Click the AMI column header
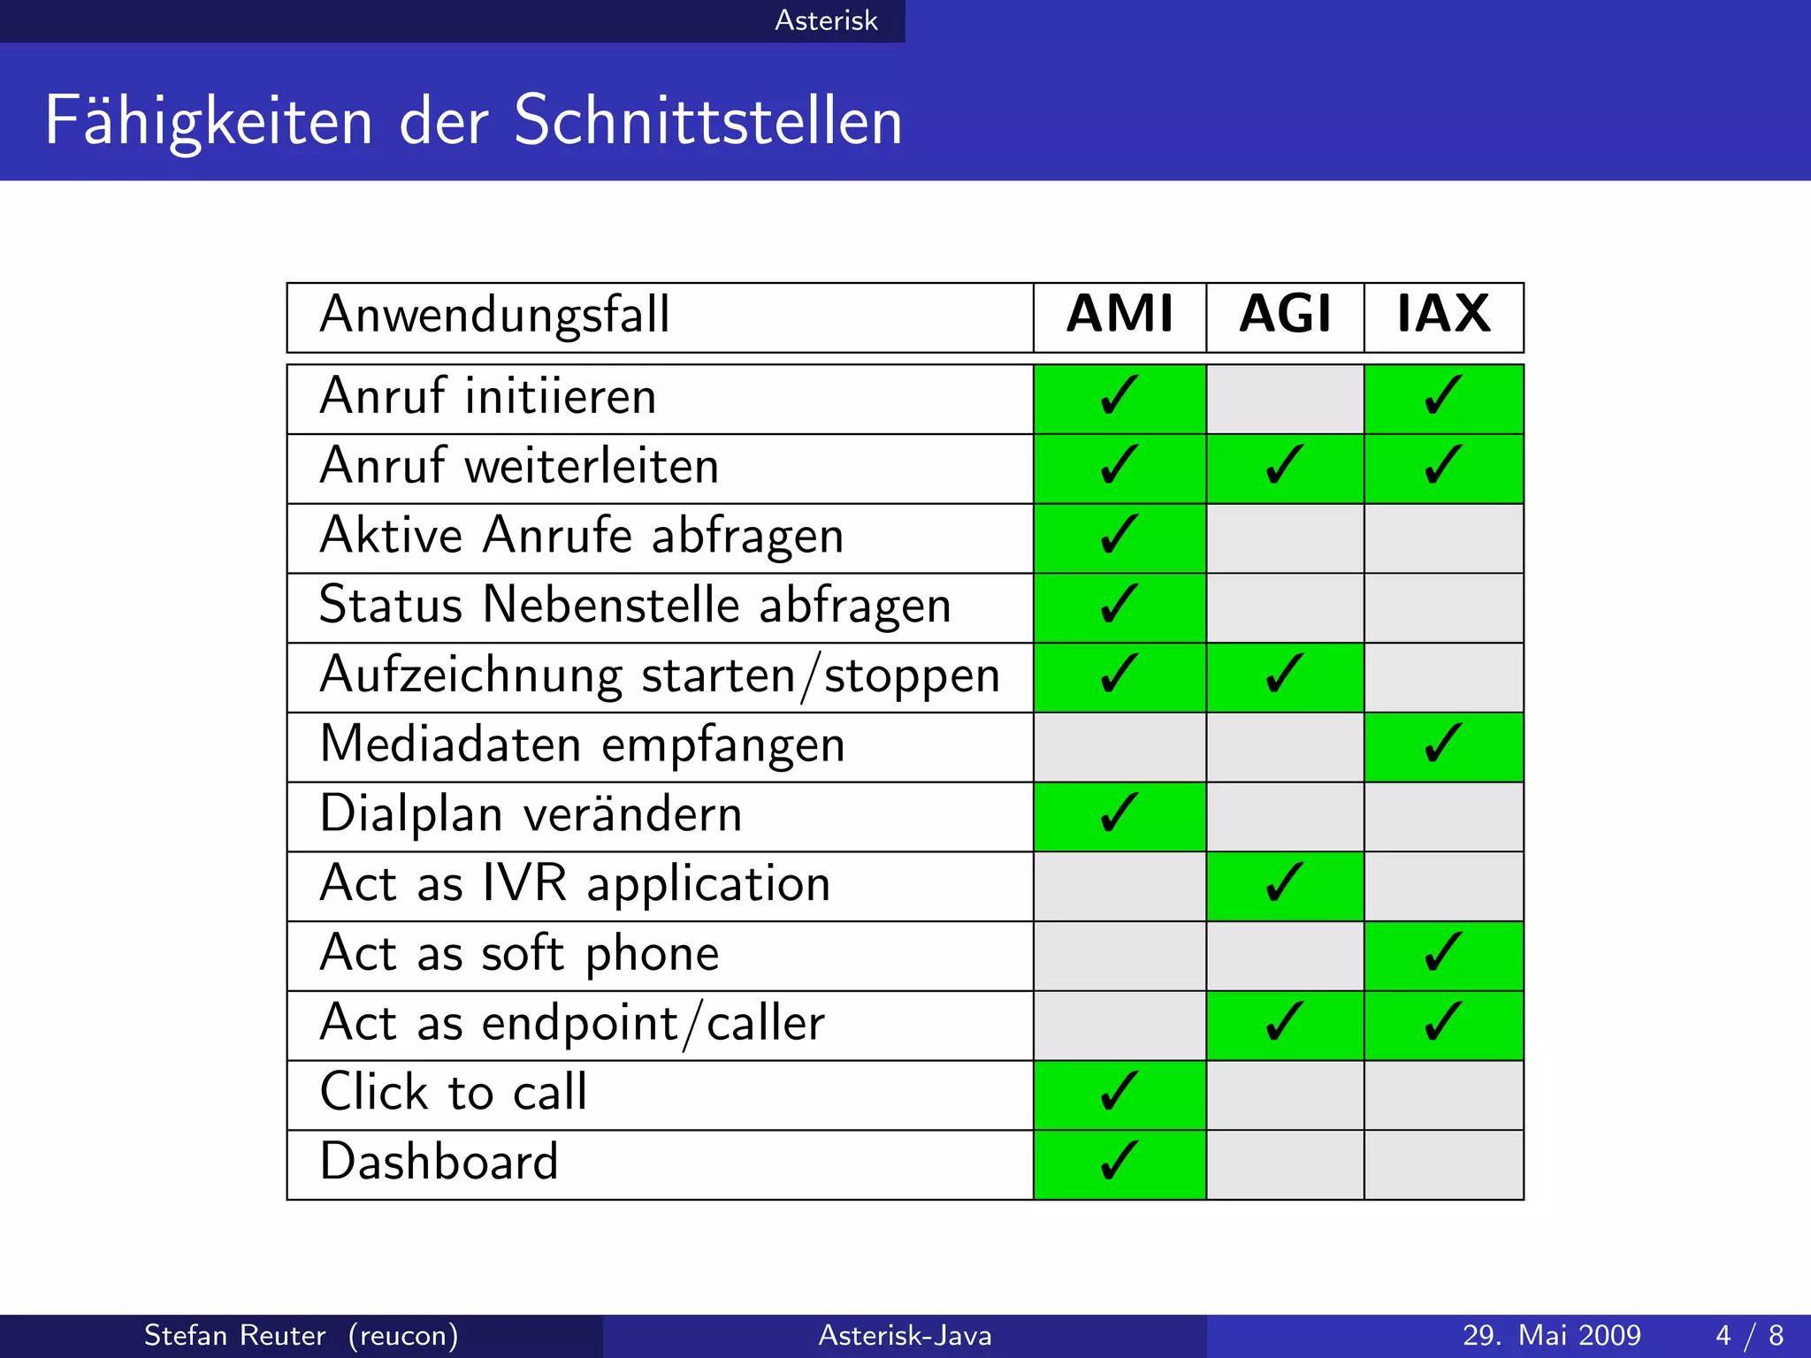[x=1119, y=315]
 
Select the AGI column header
[x=1285, y=315]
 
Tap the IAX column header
[x=1443, y=315]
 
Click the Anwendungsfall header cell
[x=495, y=315]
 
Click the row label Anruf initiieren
[x=488, y=397]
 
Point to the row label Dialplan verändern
[x=531, y=814]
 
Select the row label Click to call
[x=454, y=1093]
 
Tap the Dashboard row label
[x=439, y=1163]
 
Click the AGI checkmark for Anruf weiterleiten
[x=1285, y=466]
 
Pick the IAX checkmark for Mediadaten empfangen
[x=1443, y=744]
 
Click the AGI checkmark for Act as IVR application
[x=1285, y=884]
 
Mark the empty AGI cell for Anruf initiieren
[x=1285, y=399]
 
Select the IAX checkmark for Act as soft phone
[x=1443, y=954]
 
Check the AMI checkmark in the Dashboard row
[x=1119, y=1163]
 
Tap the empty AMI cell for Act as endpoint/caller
[x=1119, y=1026]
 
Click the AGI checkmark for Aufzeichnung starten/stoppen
[x=1285, y=675]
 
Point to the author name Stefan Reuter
[x=235, y=1335]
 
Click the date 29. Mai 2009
[x=1551, y=1335]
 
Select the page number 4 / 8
[x=1749, y=1335]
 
